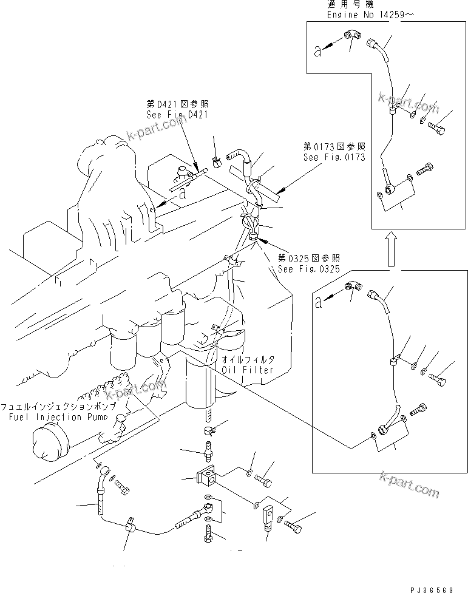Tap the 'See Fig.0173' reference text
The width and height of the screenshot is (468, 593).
pyautogui.click(x=334, y=157)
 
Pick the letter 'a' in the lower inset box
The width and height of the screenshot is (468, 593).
pyautogui.click(x=319, y=303)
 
